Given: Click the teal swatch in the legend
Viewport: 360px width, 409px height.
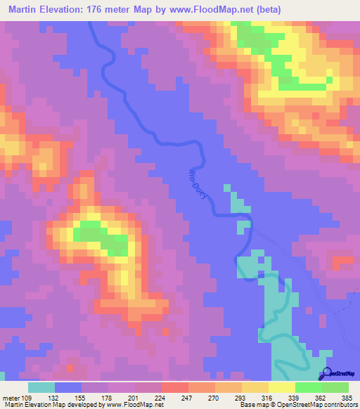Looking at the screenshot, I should [41, 387].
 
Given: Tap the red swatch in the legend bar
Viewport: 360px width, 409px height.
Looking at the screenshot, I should [174, 387].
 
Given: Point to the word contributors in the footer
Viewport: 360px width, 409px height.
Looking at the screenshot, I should [335, 405].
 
